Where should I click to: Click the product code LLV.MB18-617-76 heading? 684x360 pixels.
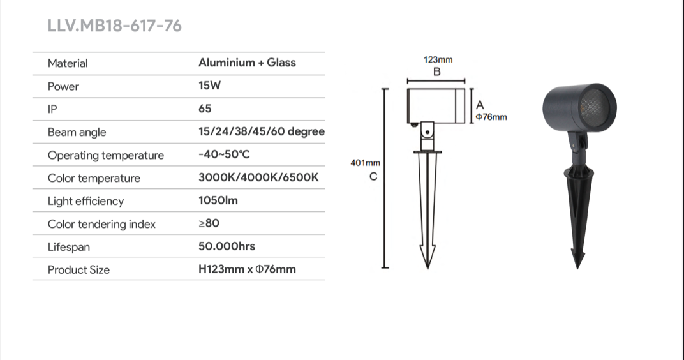coord(114,26)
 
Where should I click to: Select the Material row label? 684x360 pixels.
coord(68,63)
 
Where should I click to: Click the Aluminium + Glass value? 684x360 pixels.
coord(247,63)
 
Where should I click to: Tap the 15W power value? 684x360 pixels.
coord(209,86)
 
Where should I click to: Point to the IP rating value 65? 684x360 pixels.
coord(205,109)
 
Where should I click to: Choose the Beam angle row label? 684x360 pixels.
coord(77,132)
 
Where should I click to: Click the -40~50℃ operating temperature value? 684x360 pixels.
coord(224,154)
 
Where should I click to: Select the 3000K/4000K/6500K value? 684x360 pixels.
coord(258,177)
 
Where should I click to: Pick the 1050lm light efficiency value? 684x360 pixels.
coord(218,200)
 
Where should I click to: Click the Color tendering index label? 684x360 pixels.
coord(101,224)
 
